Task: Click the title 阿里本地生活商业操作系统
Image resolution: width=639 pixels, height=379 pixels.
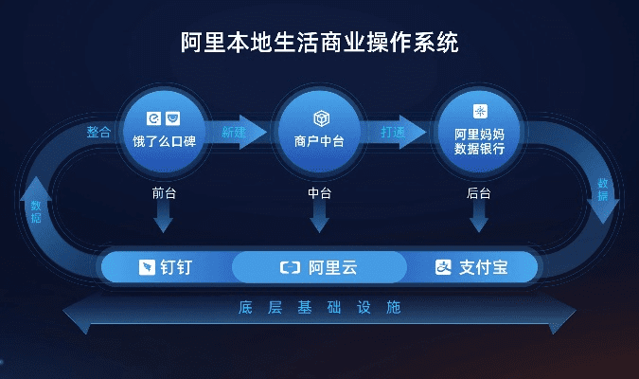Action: click(319, 43)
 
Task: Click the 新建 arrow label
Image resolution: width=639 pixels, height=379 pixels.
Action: click(234, 133)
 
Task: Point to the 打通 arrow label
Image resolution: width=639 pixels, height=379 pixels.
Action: click(393, 133)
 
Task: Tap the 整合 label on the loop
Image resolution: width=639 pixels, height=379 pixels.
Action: click(98, 133)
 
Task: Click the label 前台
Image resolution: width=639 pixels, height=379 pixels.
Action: click(164, 192)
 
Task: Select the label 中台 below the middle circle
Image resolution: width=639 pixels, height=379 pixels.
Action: click(320, 192)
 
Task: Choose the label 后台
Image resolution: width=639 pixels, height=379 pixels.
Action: click(479, 192)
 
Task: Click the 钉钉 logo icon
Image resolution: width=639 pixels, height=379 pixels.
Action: click(147, 267)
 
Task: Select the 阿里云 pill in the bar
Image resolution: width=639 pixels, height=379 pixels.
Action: click(319, 267)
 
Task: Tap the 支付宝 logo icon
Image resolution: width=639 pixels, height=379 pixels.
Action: click(444, 267)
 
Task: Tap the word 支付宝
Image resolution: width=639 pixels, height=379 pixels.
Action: click(484, 267)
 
